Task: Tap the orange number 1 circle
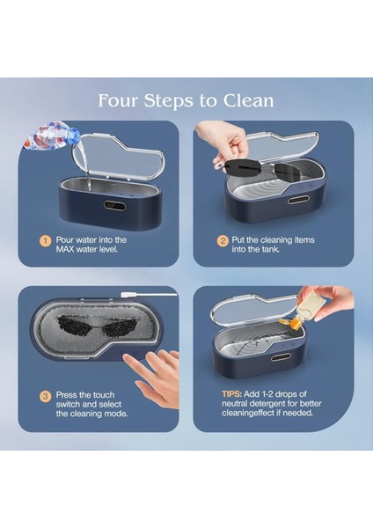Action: [46, 241]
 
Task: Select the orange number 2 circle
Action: [223, 241]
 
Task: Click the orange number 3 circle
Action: [46, 396]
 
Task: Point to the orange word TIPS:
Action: [231, 394]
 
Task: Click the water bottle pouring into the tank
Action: [50, 136]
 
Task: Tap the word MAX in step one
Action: [65, 249]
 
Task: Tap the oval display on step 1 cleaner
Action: [114, 205]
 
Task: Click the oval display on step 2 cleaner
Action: [297, 201]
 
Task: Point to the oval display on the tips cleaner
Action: [280, 357]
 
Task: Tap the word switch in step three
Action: [67, 404]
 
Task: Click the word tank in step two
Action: [271, 249]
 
